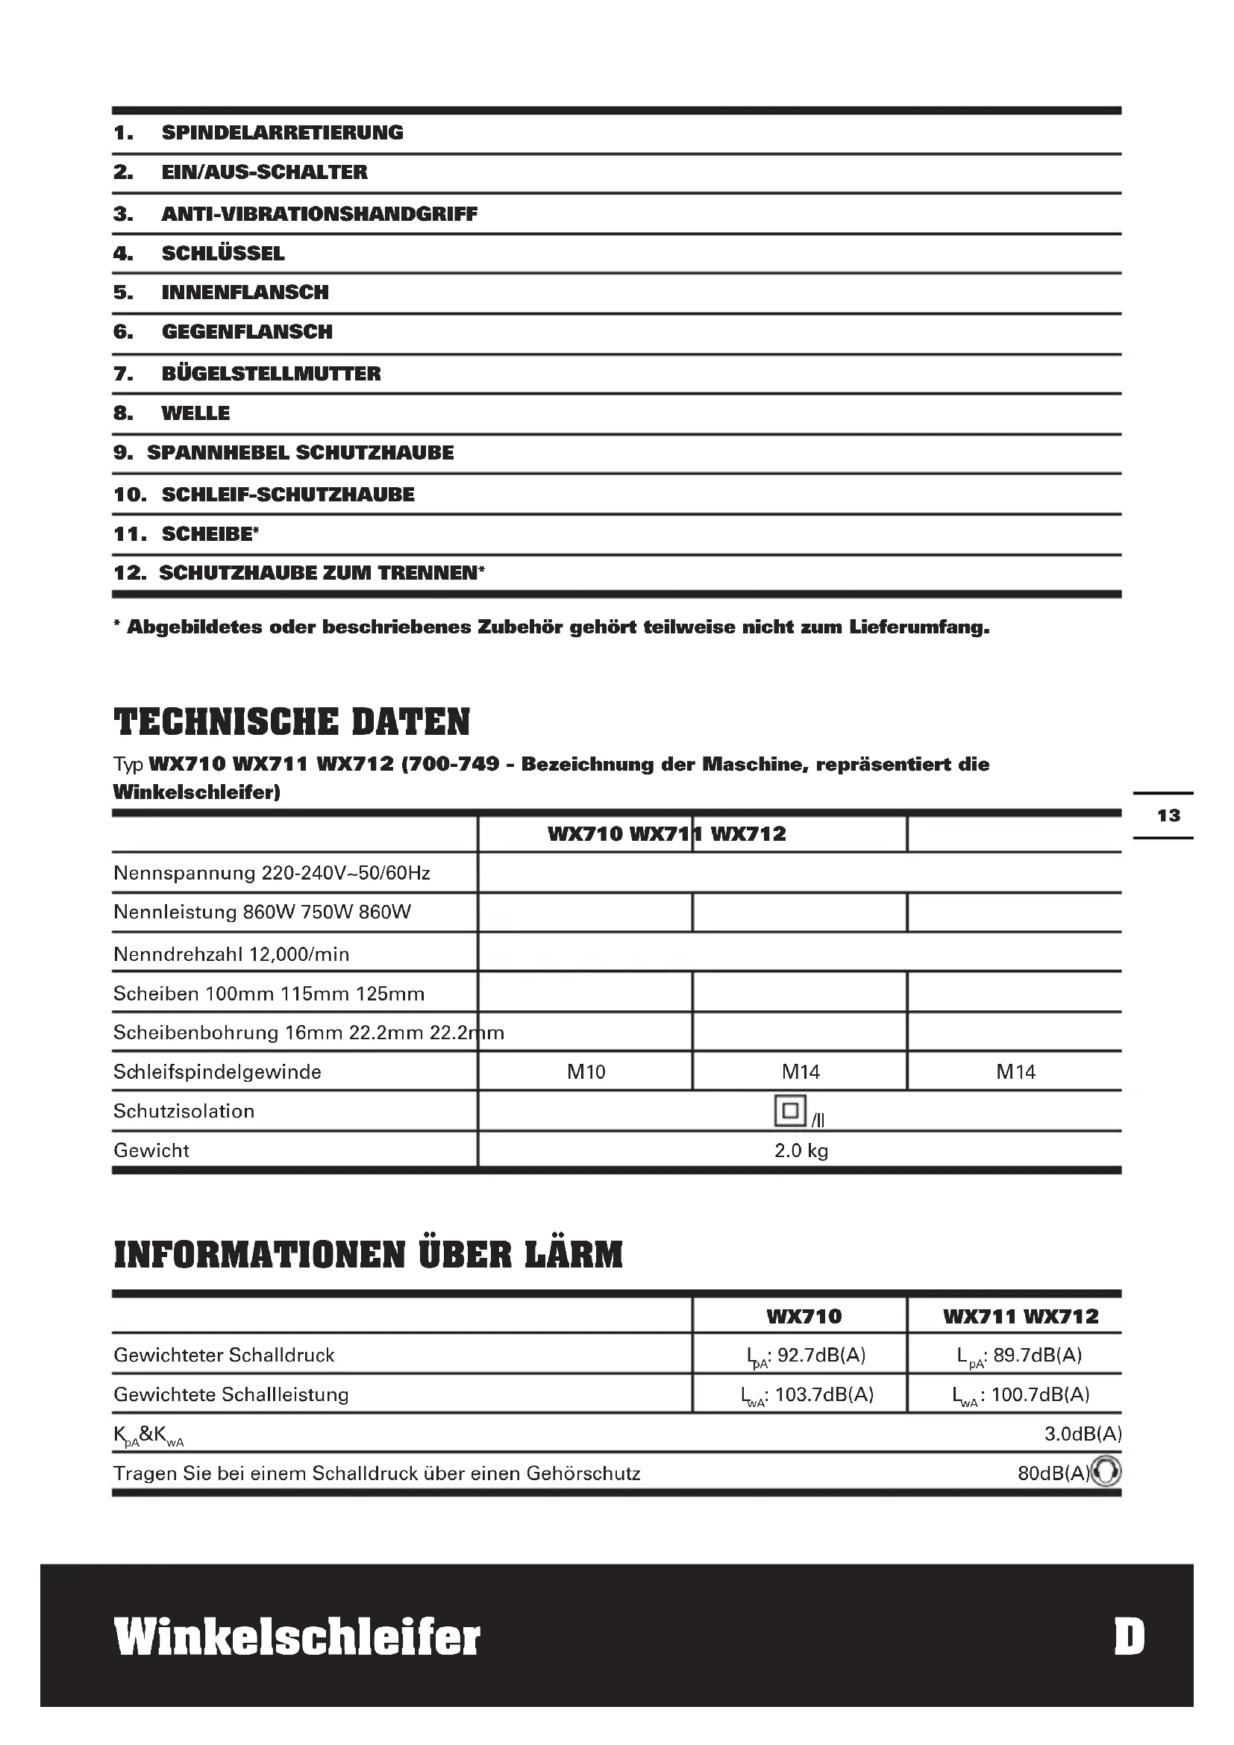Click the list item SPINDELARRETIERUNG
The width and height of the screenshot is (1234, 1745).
pos(282,133)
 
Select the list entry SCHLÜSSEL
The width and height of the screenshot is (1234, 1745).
pos(222,254)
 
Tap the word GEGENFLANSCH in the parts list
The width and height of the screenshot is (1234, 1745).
pos(247,332)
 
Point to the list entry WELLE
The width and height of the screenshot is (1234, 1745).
pos(195,413)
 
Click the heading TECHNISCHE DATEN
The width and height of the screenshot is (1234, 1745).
pos(292,722)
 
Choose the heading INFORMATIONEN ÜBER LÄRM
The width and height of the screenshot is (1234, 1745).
pos(368,1255)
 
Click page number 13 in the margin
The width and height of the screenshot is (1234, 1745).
pos(1168,815)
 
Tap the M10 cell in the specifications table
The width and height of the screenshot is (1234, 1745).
pos(586,1071)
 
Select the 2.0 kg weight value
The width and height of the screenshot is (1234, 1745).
pos(801,1150)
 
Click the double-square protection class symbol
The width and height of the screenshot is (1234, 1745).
pos(789,1110)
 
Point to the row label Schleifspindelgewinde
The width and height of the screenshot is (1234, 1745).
pos(217,1071)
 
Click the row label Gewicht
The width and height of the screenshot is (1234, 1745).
pos(151,1150)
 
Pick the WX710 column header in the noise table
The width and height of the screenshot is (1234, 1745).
pos(804,1316)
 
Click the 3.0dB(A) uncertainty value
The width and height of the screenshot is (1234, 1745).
pos(1082,1434)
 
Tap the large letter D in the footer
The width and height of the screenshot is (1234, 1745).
pos(1129,1637)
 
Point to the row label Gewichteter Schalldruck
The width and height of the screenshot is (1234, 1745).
pos(224,1355)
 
